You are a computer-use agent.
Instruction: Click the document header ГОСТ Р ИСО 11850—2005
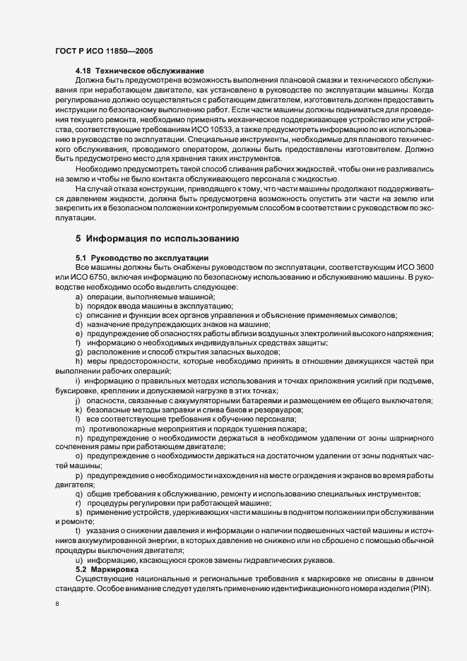pos(103,52)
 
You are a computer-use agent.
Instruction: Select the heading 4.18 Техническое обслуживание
pos(140,72)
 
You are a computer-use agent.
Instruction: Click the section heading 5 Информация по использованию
pos(162,239)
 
